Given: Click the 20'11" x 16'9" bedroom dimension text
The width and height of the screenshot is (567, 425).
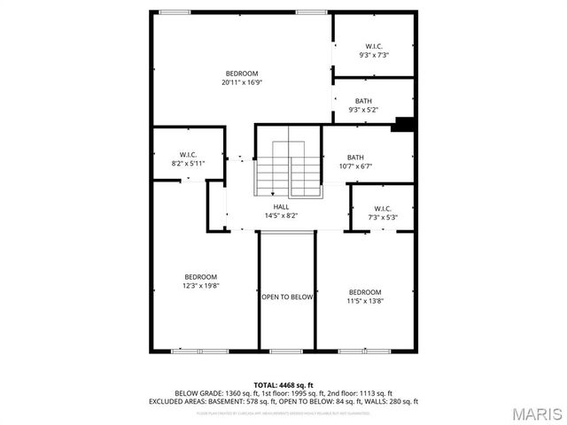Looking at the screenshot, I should click(x=242, y=82).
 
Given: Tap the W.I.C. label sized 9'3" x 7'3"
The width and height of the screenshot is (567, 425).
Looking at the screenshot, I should click(x=375, y=46).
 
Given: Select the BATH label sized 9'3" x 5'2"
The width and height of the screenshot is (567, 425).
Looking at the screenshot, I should click(x=363, y=101).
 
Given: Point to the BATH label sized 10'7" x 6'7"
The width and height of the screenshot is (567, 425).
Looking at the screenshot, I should click(x=355, y=158).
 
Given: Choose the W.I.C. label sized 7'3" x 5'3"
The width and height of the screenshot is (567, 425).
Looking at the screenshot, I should click(x=383, y=209).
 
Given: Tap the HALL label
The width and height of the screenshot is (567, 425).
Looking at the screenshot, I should click(x=281, y=206).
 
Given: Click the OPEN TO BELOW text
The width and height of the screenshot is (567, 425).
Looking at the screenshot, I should click(x=287, y=297).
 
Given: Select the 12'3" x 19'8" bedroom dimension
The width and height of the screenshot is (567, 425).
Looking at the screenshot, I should click(x=200, y=286).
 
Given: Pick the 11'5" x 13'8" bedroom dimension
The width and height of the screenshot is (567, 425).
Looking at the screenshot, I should click(x=364, y=301).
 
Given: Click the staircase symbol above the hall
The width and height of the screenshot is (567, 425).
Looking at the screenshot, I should click(x=290, y=168).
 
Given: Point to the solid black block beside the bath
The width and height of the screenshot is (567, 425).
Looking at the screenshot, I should click(x=404, y=124).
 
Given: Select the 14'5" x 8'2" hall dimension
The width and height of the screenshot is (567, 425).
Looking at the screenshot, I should click(x=281, y=215).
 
